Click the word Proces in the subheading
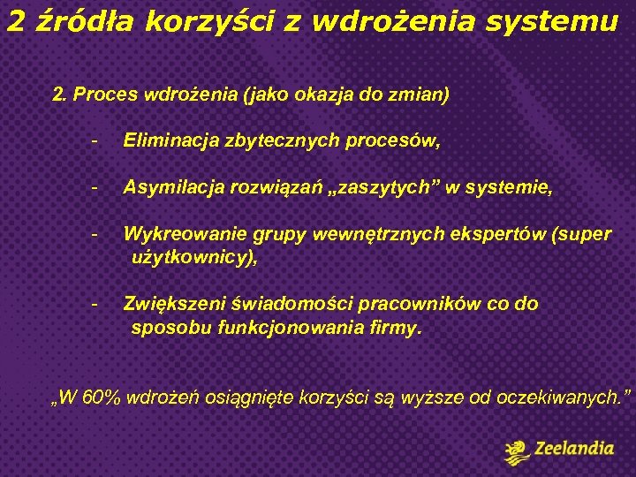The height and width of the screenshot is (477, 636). pyautogui.click(x=105, y=95)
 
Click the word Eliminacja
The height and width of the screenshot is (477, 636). pyautogui.click(x=166, y=140)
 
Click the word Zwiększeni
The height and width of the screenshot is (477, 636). pyautogui.click(x=172, y=304)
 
